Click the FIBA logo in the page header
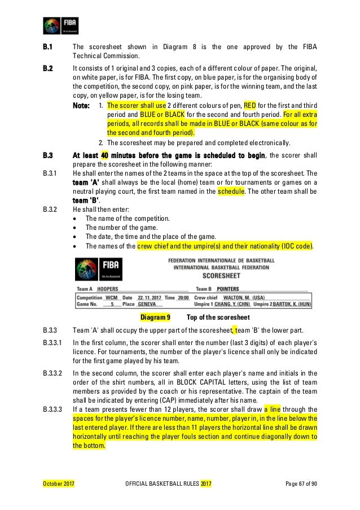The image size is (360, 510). click(x=61, y=25)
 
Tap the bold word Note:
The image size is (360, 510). click(x=81, y=105)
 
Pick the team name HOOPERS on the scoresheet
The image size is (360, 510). click(x=107, y=289)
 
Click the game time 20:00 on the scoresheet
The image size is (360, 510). click(x=182, y=297)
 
